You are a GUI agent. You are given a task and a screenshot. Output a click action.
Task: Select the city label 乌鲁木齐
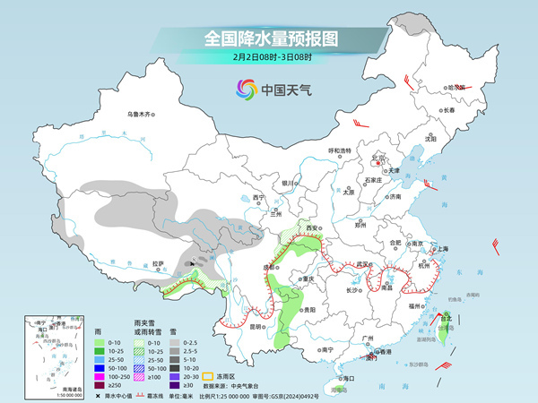pyautogui.click(x=141, y=114)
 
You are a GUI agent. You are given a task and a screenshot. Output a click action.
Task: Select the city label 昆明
pyautogui.click(x=256, y=326)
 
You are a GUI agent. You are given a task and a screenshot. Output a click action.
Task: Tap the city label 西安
pyautogui.click(x=313, y=229)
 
